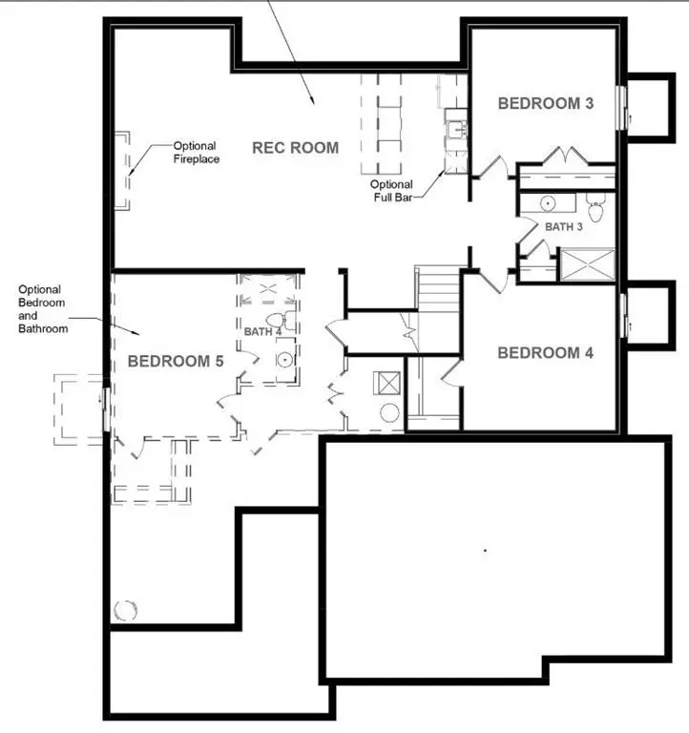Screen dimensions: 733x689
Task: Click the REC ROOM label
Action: point(295,147)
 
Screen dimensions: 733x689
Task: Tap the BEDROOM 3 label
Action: point(545,103)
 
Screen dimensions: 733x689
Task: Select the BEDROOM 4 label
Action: point(546,353)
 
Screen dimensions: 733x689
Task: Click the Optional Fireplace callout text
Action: point(197,152)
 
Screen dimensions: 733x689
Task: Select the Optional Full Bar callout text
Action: point(392,190)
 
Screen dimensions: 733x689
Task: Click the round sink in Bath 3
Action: point(549,203)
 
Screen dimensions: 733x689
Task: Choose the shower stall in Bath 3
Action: point(587,263)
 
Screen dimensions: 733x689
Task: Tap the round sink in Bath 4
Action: point(284,359)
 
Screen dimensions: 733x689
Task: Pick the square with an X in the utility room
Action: point(388,383)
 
